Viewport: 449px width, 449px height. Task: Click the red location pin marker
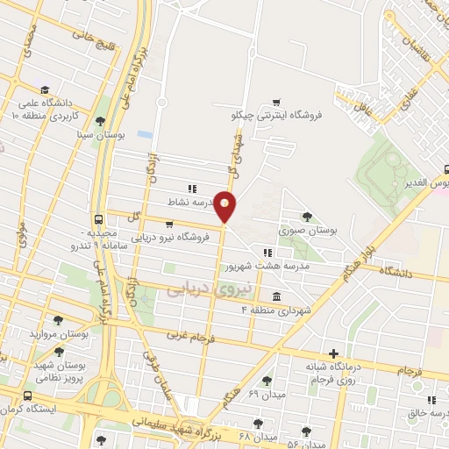[225, 206]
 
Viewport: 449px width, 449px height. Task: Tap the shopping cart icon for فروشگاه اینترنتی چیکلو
[277, 103]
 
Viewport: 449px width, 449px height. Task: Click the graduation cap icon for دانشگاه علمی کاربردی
[44, 89]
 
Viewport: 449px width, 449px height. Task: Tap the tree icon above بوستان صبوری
[306, 217]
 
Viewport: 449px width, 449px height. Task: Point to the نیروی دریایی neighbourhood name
[209, 288]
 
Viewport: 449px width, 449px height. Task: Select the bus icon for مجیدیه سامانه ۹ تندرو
[97, 219]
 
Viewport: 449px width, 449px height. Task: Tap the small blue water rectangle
[145, 134]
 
